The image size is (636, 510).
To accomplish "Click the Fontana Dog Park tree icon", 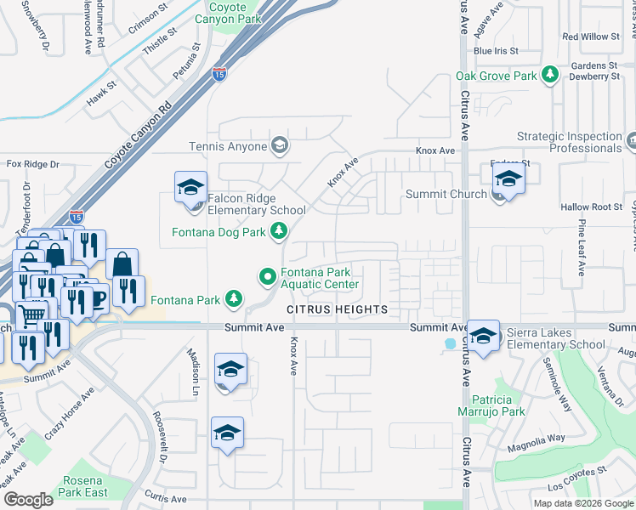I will click(278, 230).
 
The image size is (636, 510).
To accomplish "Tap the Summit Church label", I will click(446, 195).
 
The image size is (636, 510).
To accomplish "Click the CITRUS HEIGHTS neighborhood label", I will click(337, 309).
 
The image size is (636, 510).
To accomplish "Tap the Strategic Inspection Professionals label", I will click(569, 142).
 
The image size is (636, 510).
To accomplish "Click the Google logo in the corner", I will click(28, 500).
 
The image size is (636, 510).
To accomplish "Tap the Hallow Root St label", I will click(592, 207).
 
